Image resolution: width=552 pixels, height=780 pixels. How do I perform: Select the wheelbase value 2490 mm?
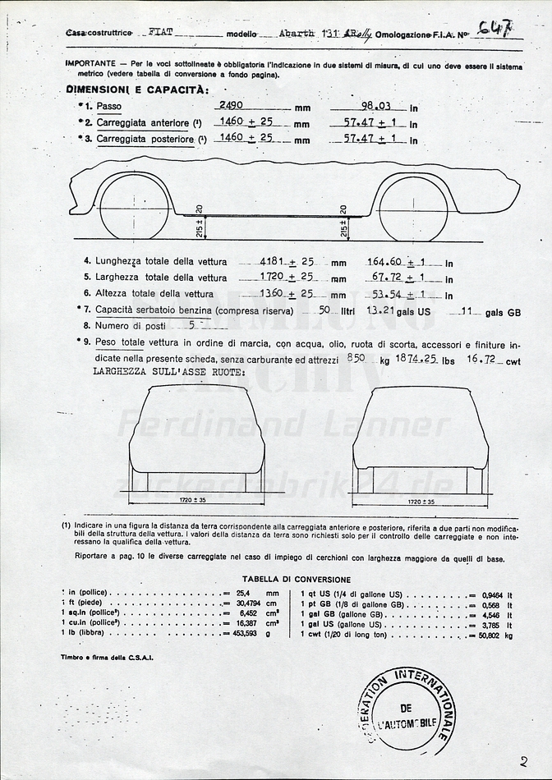pos(236,106)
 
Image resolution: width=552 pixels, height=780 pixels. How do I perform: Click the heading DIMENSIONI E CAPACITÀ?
pos(137,89)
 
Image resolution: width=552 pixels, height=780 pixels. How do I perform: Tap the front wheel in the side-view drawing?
pos(134,207)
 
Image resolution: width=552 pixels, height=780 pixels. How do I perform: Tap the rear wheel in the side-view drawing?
pos(413,209)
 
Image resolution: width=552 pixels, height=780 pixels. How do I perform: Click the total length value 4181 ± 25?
pos(287,261)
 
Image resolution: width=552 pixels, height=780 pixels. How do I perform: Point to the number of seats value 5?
pos(191,325)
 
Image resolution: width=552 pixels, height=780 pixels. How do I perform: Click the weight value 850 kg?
pos(356,358)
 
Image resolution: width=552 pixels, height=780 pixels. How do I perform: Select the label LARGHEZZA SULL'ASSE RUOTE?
pos(169,372)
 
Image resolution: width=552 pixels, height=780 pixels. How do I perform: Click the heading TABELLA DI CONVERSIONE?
pos(297,580)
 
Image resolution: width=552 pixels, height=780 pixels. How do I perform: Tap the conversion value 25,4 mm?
pos(248,592)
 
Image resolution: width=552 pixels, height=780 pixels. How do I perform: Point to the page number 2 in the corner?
pos(523,761)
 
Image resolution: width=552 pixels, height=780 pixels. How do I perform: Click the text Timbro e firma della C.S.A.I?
pos(107,657)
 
